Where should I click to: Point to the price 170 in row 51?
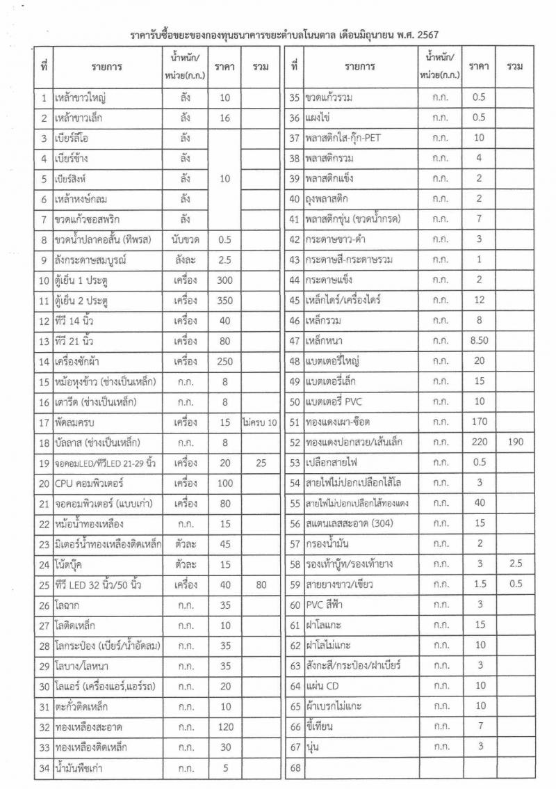click(479, 422)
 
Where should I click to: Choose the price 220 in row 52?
click(479, 442)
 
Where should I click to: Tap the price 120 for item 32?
click(224, 728)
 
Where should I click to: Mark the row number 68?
click(294, 767)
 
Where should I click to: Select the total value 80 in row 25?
click(261, 584)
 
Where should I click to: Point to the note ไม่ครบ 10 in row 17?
click(261, 422)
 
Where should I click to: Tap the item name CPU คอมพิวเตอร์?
click(89, 483)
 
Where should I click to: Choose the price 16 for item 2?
click(224, 118)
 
